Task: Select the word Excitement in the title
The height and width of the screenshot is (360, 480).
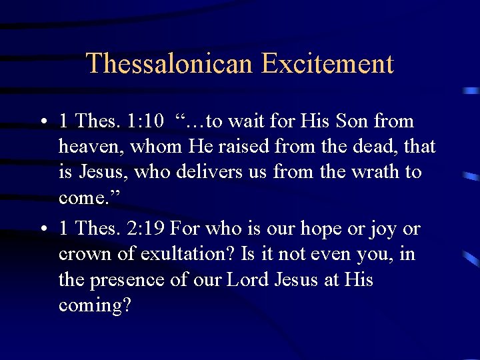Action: tap(327, 64)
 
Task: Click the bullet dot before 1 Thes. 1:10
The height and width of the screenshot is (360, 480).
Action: tap(42, 122)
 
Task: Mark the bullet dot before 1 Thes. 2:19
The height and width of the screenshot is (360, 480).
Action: tap(42, 229)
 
